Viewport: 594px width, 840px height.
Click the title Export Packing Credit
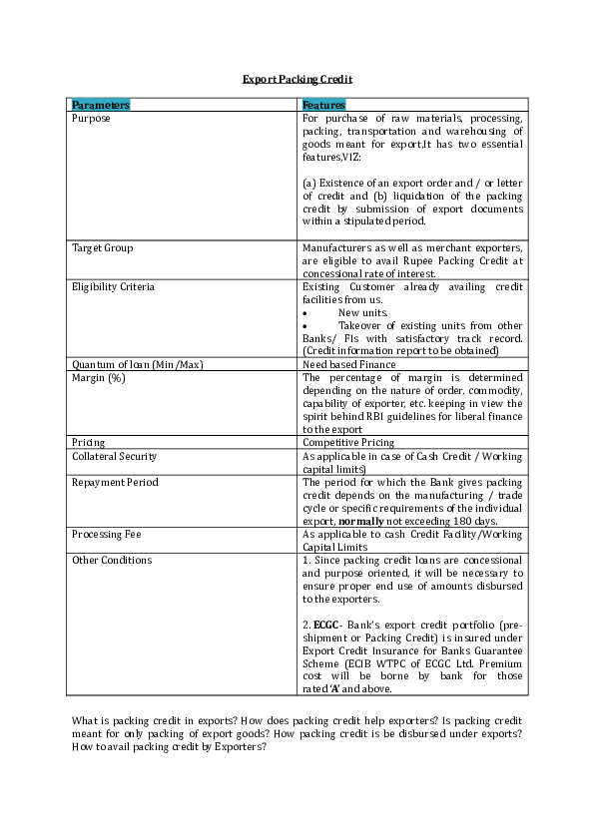pyautogui.click(x=297, y=78)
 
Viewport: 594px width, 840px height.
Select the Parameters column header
pyautogui.click(x=101, y=105)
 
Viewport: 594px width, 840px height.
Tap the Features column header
pyautogui.click(x=323, y=105)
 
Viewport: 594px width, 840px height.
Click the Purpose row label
pyautogui.click(x=91, y=118)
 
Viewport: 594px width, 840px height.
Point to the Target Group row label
pyautogui.click(x=102, y=247)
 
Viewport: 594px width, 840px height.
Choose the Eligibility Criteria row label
pyautogui.click(x=113, y=286)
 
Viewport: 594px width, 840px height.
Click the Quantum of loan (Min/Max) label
pyautogui.click(x=137, y=364)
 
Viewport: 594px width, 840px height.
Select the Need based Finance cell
pyautogui.click(x=348, y=364)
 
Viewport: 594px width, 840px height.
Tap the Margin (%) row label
pyautogui.click(x=98, y=377)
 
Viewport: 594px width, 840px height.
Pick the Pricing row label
pyautogui.click(x=88, y=442)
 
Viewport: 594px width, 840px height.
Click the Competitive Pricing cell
pyautogui.click(x=348, y=442)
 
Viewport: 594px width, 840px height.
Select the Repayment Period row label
pyautogui.click(x=114, y=482)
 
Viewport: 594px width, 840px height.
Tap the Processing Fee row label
pyautogui.click(x=106, y=534)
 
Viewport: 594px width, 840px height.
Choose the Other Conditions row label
pyautogui.click(x=112, y=560)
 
